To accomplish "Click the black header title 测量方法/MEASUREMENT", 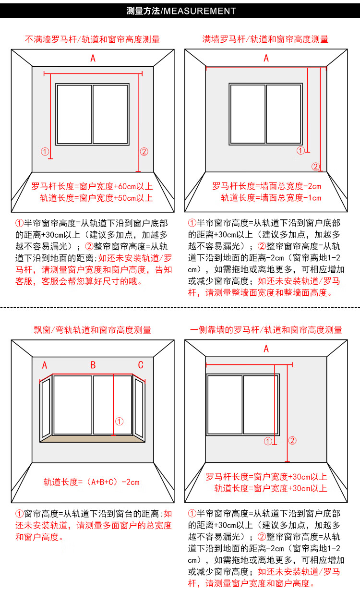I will [x=181, y=11].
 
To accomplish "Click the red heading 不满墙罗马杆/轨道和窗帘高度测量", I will [x=92, y=40].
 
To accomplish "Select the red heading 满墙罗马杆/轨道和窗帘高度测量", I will [x=265, y=39].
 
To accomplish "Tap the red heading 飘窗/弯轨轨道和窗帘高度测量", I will [x=92, y=330].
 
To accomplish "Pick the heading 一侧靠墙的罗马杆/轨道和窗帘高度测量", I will [x=266, y=330].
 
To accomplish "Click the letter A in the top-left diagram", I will [x=93, y=59].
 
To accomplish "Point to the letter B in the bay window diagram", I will [x=93, y=365].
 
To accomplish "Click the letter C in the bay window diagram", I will [x=141, y=365].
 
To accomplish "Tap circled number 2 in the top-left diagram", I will [x=144, y=152].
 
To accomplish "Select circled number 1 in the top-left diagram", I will [x=45, y=152].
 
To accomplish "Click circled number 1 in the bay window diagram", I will [x=120, y=422].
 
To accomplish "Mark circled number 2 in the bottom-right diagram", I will [x=292, y=441].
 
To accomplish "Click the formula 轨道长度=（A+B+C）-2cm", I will [x=92, y=482].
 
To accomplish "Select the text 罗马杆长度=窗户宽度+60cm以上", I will [x=92, y=186].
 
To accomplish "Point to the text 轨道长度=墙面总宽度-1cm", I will [x=271, y=198].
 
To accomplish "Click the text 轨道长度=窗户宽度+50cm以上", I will [x=96, y=198].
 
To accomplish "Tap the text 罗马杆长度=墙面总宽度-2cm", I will [x=266, y=186].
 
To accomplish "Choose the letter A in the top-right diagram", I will [x=266, y=59].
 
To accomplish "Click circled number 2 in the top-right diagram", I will [x=315, y=167].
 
